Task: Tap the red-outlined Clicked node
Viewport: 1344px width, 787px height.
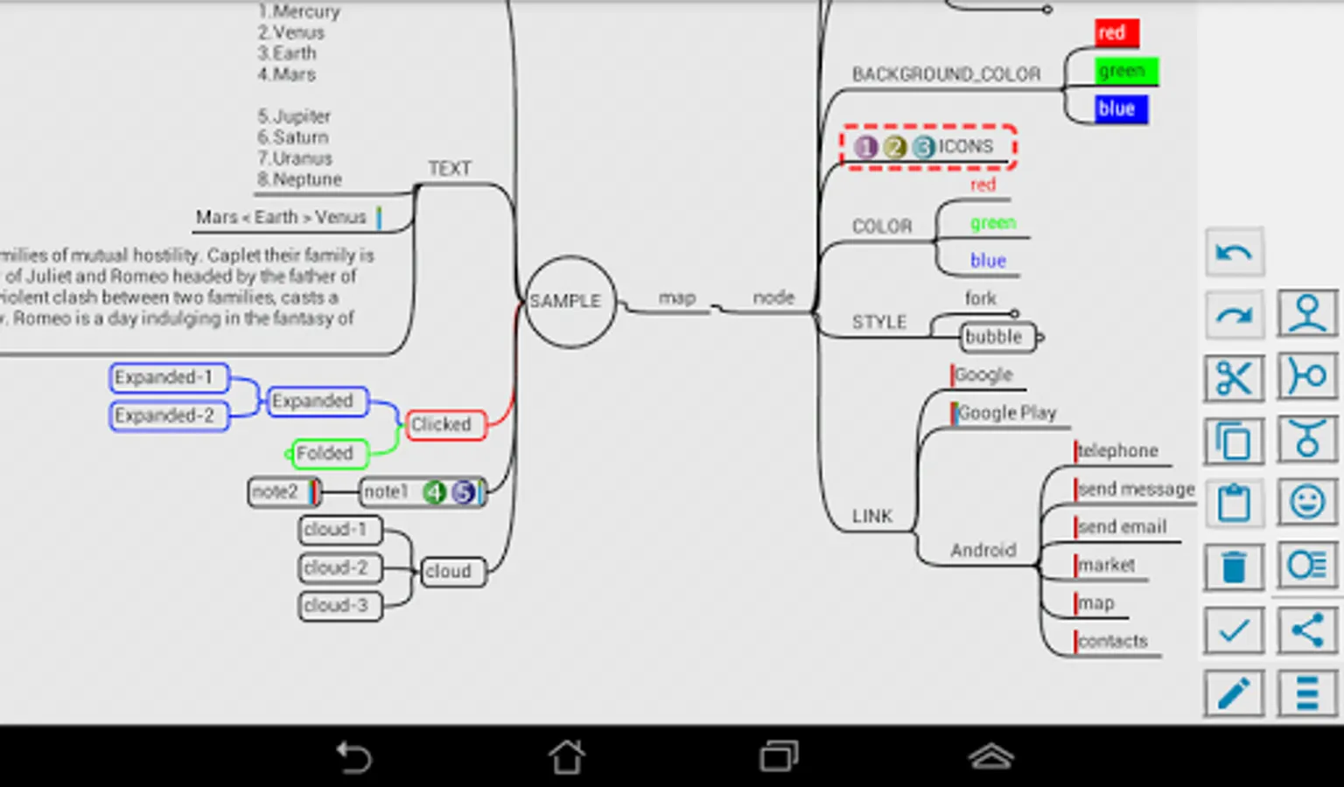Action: pos(444,425)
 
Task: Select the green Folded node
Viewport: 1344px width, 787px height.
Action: pos(328,453)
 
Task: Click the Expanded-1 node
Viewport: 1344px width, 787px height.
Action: pos(168,378)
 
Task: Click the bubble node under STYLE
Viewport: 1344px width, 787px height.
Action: pos(997,337)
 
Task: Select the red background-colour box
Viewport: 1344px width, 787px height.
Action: pos(1116,33)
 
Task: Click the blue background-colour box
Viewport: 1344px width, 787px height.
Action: pos(1119,109)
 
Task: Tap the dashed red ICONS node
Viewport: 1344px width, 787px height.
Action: pos(927,147)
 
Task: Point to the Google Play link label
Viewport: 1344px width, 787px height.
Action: pos(1008,413)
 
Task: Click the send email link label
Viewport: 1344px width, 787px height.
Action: pos(1123,526)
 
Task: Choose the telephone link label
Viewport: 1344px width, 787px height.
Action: pos(1118,450)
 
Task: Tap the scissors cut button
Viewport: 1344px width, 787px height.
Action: pos(1234,378)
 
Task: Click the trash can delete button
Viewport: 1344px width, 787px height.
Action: pos(1234,568)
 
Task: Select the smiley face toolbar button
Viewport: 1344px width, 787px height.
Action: pos(1307,503)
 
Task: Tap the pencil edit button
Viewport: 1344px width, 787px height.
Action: pos(1234,693)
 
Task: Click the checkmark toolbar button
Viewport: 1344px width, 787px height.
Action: pos(1234,630)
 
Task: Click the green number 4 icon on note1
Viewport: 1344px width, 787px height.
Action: pos(434,492)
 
